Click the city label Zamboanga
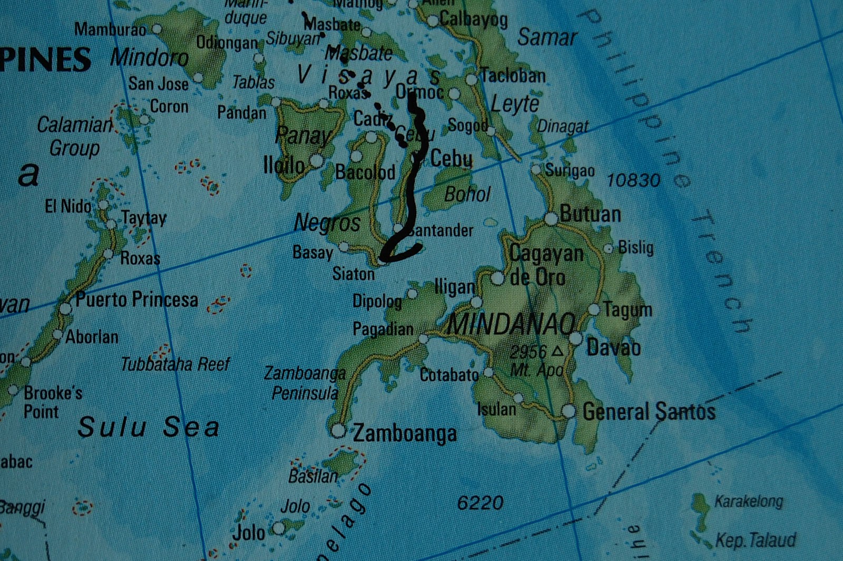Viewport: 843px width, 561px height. (405, 433)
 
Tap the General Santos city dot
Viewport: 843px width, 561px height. (568, 411)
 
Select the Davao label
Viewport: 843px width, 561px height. (613, 348)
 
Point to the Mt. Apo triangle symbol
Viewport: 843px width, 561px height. (557, 350)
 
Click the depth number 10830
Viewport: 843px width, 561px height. (633, 181)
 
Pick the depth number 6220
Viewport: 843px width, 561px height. (479, 503)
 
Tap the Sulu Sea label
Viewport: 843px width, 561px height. (148, 427)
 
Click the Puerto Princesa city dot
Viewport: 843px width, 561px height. (65, 308)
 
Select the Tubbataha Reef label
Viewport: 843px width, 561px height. (175, 364)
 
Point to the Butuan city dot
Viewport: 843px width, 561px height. (551, 218)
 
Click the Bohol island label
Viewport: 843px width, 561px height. (467, 195)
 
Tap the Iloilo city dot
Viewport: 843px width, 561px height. (316, 160)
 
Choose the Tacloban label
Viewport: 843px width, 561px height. (513, 76)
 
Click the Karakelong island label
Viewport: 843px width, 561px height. (748, 501)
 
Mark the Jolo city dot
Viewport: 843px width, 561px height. (278, 528)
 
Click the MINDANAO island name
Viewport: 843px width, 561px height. (511, 324)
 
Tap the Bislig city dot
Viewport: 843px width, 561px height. (609, 248)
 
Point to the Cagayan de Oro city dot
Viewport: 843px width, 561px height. (497, 278)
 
